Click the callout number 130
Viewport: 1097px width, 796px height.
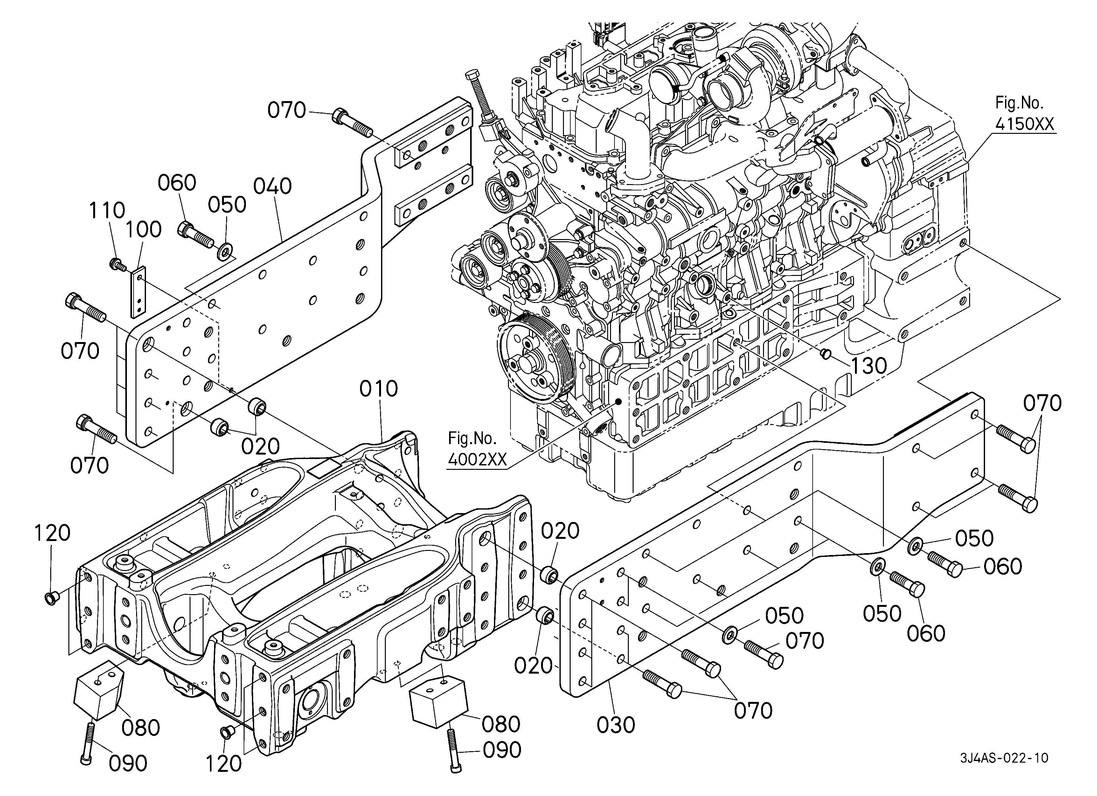point(868,366)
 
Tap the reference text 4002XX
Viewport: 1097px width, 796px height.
point(477,459)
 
